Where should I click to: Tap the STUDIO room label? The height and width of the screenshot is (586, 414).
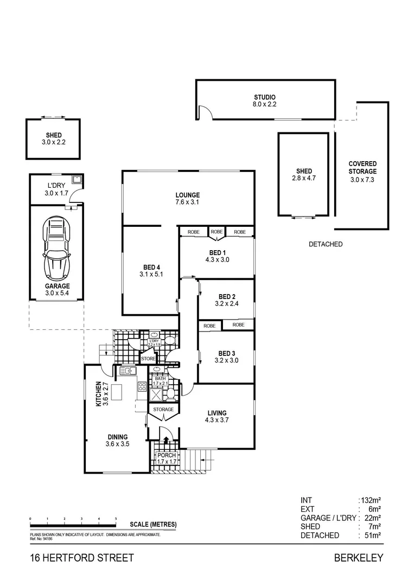264,97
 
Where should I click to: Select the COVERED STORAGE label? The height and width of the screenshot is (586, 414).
362,168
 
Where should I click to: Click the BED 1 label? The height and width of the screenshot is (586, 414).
216,252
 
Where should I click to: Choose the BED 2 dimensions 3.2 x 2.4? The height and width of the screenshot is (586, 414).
226,304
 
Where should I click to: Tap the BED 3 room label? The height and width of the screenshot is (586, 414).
226,353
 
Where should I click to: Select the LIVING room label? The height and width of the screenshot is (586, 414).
216,413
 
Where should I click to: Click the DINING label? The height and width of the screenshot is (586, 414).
117,437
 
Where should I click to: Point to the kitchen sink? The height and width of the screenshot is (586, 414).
128,371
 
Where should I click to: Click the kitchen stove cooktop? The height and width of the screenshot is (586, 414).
142,387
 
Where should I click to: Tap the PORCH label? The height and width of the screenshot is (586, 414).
166,455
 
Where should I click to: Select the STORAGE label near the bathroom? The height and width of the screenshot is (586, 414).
163,409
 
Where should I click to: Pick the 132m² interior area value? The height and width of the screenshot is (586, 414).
372,500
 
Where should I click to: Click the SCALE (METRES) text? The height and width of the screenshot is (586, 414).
153,524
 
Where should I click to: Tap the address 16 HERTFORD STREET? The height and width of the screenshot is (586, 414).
81,558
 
